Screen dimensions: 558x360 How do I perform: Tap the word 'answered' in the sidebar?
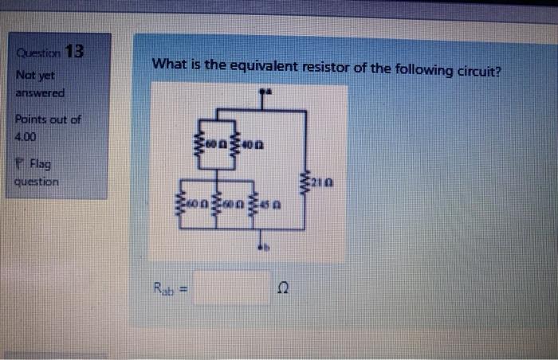point(39,93)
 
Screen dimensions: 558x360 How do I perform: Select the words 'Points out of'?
point(47,119)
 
